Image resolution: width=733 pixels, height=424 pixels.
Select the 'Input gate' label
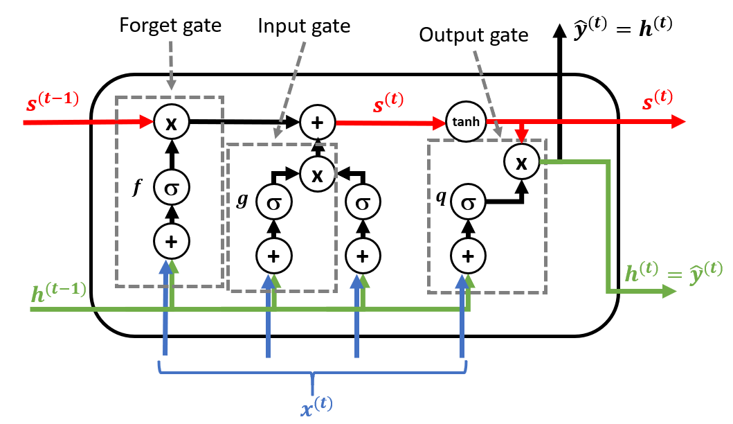click(x=304, y=26)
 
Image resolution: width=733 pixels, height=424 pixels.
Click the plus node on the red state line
click(x=317, y=122)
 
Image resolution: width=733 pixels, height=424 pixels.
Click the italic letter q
click(x=440, y=195)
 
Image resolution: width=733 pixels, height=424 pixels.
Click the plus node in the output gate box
click(x=468, y=256)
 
